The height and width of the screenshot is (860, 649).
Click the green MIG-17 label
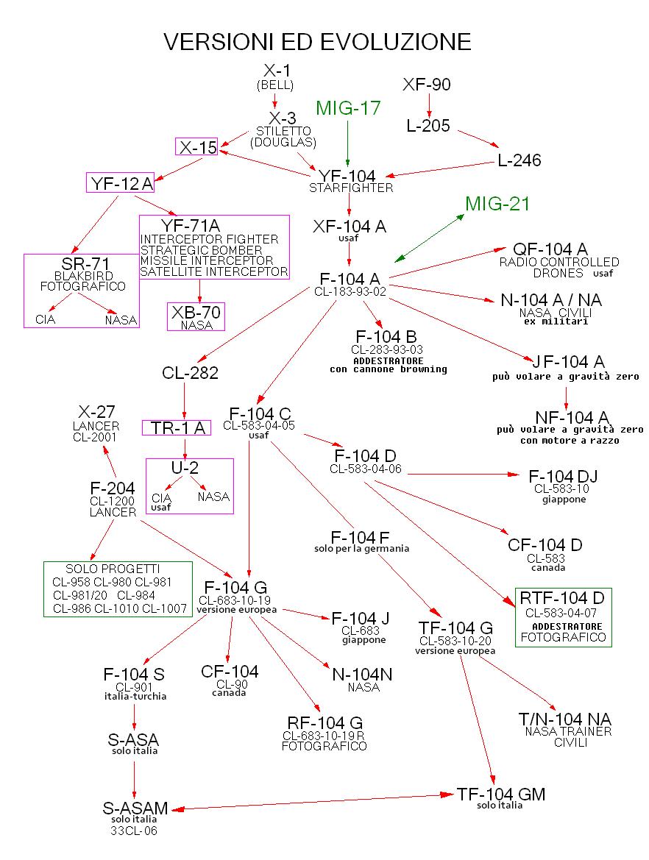[348, 108]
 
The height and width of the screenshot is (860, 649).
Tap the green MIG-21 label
[497, 204]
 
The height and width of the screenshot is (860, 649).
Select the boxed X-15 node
[197, 147]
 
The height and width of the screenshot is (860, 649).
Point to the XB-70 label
[196, 313]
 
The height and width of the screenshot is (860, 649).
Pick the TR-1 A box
[177, 427]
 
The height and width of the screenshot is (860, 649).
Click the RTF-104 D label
[563, 597]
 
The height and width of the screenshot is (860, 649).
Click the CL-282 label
[190, 373]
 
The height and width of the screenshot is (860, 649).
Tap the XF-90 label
[427, 85]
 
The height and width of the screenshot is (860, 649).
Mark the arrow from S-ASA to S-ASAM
[134, 777]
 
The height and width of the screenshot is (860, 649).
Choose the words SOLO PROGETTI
[113, 569]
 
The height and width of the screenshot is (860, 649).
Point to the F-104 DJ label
[563, 477]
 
